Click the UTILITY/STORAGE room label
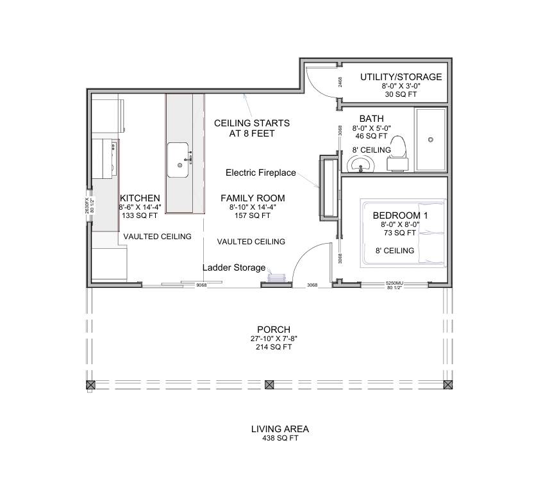tap(401, 77)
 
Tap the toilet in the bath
tap(398, 153)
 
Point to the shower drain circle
tap(431, 139)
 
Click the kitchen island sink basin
tap(179, 159)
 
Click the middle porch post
tap(269, 385)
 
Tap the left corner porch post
tap(90, 385)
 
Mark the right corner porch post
tap(447, 385)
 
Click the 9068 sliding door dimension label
tap(201, 285)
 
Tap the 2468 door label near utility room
tap(340, 82)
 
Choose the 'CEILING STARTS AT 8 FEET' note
tap(251, 128)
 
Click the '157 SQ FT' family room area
tap(253, 216)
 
